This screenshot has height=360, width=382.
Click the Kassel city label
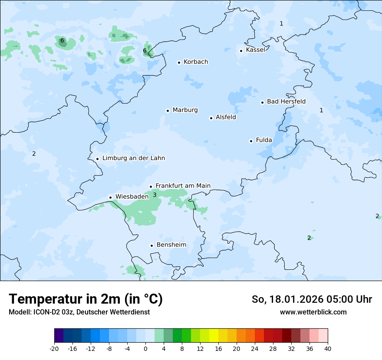255,50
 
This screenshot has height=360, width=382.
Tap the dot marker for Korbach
179,62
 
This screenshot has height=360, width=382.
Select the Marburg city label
185,110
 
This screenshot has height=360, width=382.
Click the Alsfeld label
226,117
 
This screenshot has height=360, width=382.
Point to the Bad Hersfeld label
286,101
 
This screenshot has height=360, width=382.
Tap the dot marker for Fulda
251,141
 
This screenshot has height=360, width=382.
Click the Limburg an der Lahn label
133,158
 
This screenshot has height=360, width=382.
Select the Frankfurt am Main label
183,186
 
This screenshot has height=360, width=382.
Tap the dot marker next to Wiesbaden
111,197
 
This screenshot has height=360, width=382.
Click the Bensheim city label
171,245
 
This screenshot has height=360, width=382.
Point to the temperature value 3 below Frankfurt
155,195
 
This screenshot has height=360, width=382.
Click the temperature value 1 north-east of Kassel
281,23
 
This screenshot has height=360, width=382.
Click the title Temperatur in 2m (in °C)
86,299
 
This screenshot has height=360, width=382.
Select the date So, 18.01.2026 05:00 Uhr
312,299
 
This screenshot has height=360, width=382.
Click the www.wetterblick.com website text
313,312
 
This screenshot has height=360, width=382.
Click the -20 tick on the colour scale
54,348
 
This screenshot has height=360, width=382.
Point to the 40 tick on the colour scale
328,348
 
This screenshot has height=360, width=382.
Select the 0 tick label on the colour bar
145,348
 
